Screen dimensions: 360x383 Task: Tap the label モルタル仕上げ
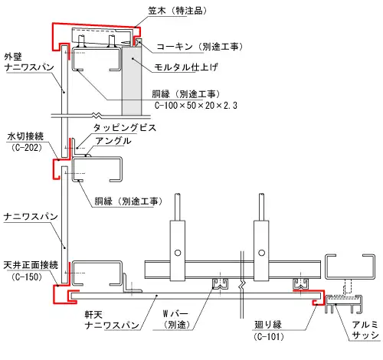(192, 67)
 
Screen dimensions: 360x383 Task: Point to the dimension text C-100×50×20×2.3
(195, 106)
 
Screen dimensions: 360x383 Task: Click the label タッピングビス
(125, 128)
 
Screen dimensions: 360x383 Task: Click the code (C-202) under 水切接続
(28, 147)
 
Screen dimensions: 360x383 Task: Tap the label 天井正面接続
(30, 264)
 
